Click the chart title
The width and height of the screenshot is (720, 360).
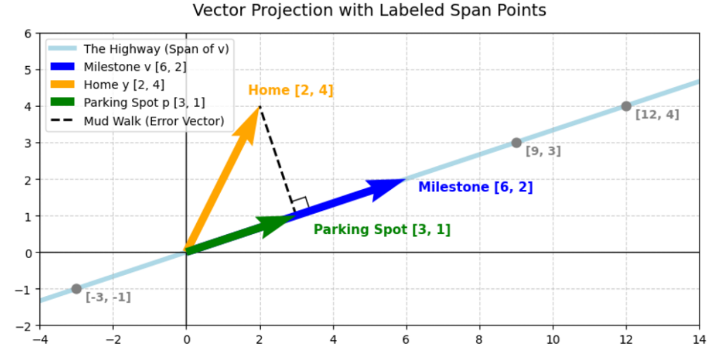click(369, 10)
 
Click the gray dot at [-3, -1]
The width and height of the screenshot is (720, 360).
click(76, 289)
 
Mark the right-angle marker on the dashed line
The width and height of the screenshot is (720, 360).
click(301, 203)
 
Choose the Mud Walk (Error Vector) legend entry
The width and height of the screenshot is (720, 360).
click(137, 121)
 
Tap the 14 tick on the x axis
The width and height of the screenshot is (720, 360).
click(699, 326)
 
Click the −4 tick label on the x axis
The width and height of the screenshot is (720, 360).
click(40, 341)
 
